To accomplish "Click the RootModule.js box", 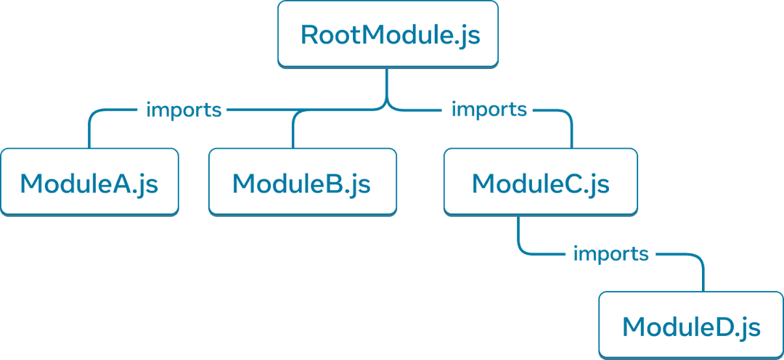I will [388, 34].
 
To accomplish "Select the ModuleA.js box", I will [89, 182].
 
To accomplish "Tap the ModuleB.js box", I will [303, 182].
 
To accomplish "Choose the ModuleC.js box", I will [541, 182].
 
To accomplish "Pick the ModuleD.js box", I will [690, 326].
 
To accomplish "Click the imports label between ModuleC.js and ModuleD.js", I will [611, 254].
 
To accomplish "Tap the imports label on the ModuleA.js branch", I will [183, 110].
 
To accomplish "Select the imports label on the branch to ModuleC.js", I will [489, 110].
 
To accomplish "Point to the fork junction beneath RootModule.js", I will [387, 105].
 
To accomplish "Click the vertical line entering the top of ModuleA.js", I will [89, 134].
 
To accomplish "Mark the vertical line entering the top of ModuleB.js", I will [293, 134].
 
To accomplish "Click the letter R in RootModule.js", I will [309, 35].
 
